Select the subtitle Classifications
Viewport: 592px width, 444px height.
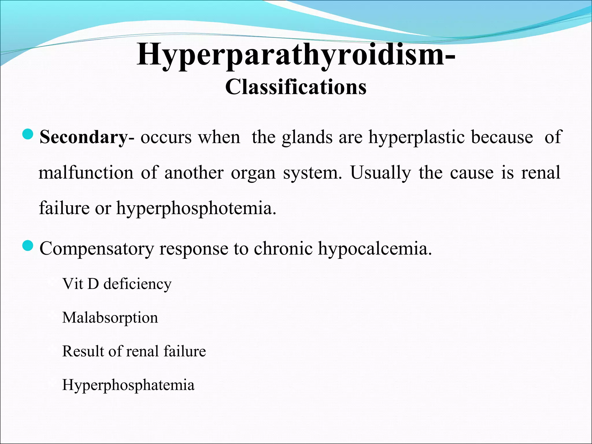(296, 87)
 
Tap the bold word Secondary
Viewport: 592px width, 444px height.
(83, 137)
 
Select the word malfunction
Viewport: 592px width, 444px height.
(86, 173)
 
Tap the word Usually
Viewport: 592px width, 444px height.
(380, 173)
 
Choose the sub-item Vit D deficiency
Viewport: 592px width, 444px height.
(117, 284)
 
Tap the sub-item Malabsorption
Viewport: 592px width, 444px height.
(110, 318)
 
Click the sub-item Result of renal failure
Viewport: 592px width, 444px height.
(134, 351)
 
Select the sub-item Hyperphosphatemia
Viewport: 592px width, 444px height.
(128, 385)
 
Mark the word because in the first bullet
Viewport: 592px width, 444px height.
(502, 137)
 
